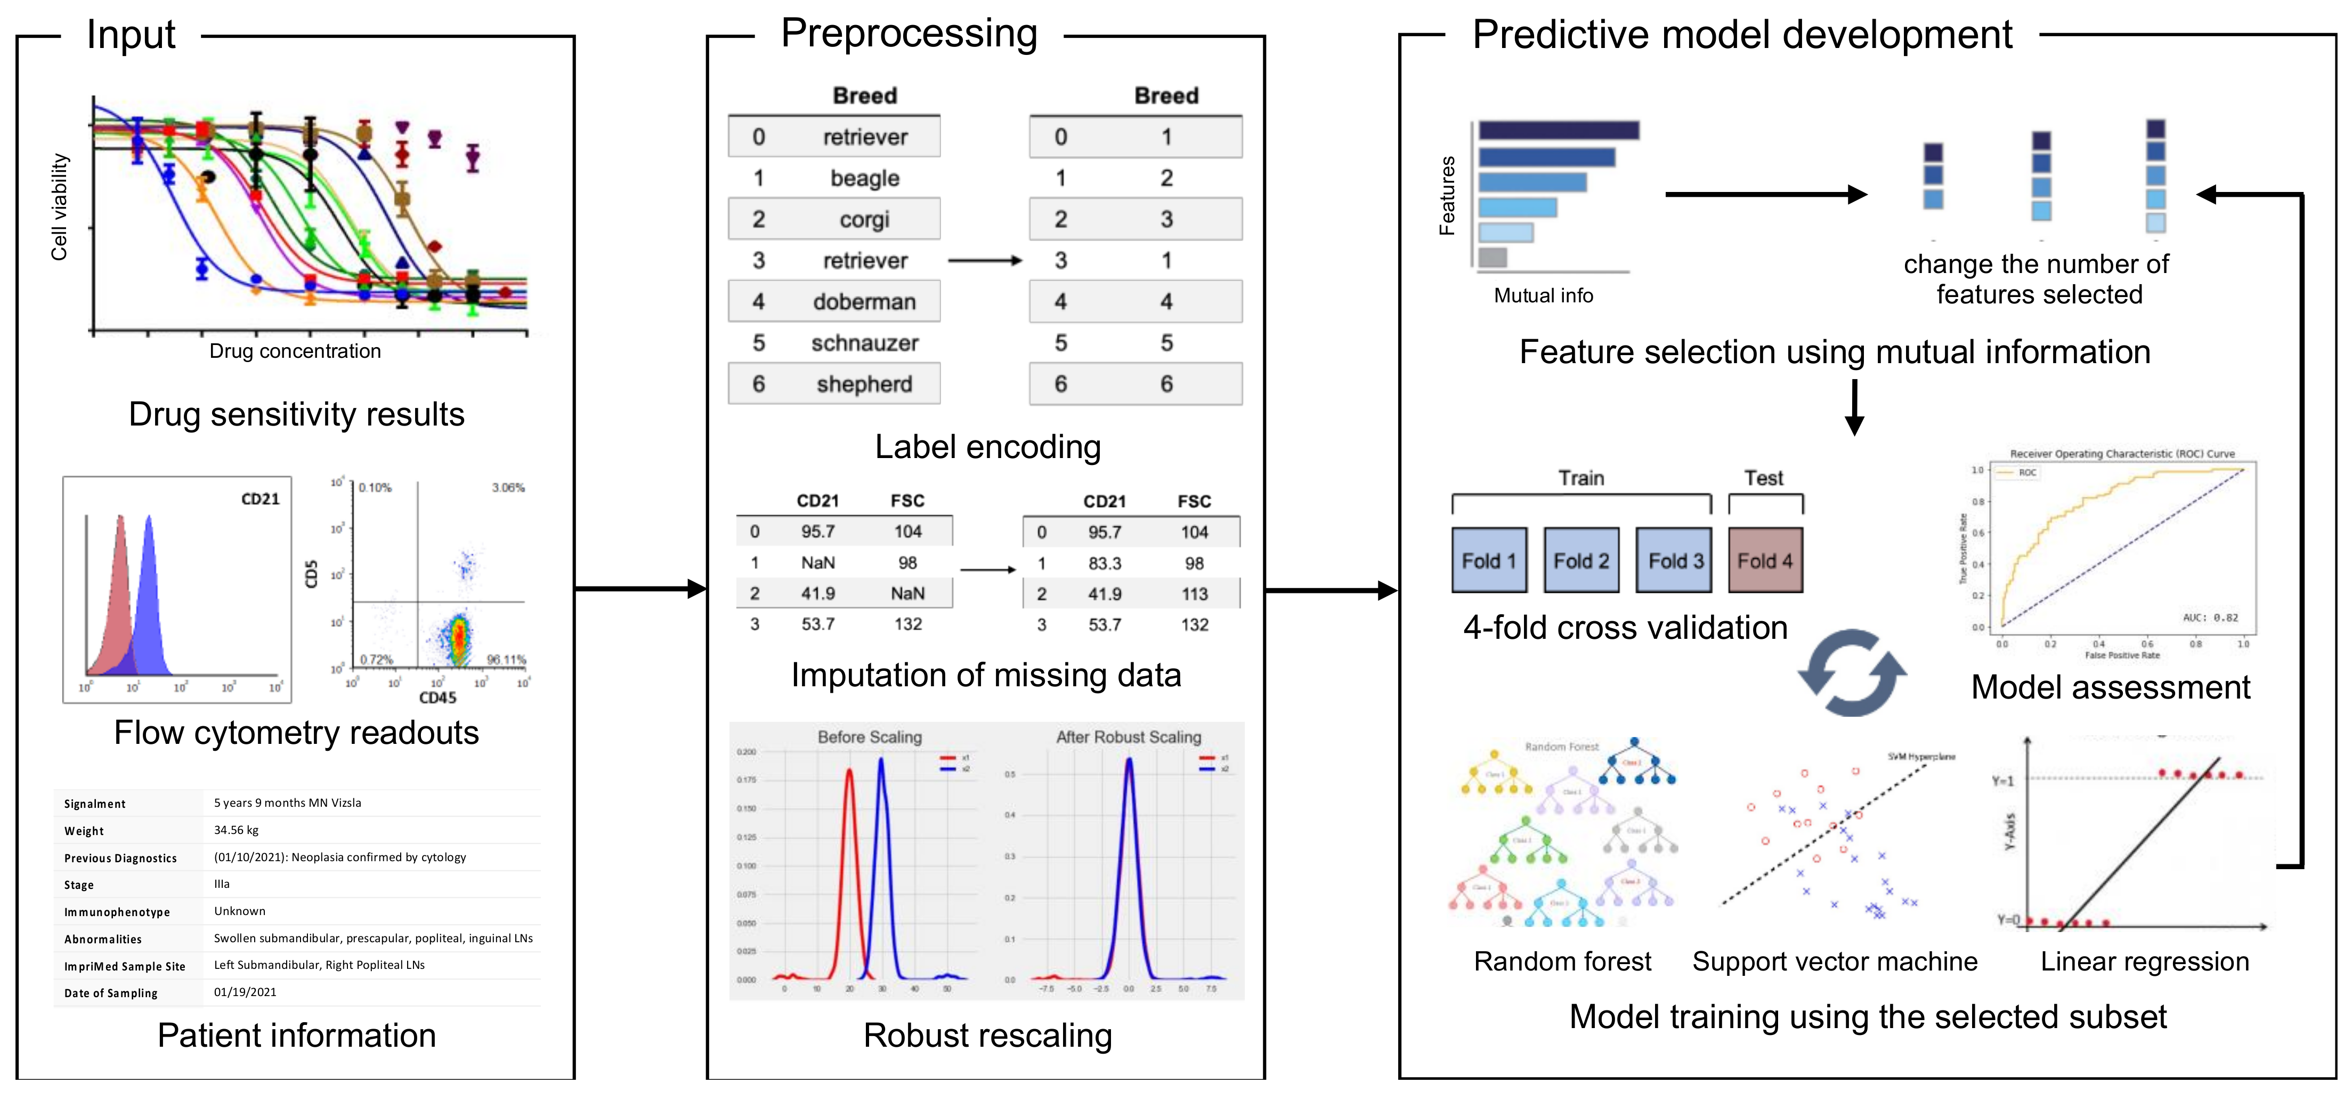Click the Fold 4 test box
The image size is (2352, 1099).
pyautogui.click(x=1765, y=560)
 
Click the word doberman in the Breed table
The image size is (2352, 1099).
pyautogui.click(x=864, y=301)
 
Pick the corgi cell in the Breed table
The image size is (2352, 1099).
pyautogui.click(x=864, y=219)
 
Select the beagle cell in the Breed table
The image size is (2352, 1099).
pyautogui.click(x=864, y=178)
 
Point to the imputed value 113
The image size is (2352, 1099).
pyautogui.click(x=1194, y=595)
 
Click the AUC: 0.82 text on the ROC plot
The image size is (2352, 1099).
pyautogui.click(x=2210, y=617)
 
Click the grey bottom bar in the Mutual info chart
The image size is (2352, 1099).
pyautogui.click(x=1492, y=258)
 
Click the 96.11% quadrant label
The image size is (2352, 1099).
pyautogui.click(x=506, y=659)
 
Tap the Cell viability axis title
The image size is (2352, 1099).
pyautogui.click(x=59, y=207)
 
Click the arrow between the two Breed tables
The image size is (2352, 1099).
pyautogui.click(x=984, y=260)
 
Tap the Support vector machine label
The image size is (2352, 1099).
pyautogui.click(x=1834, y=961)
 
